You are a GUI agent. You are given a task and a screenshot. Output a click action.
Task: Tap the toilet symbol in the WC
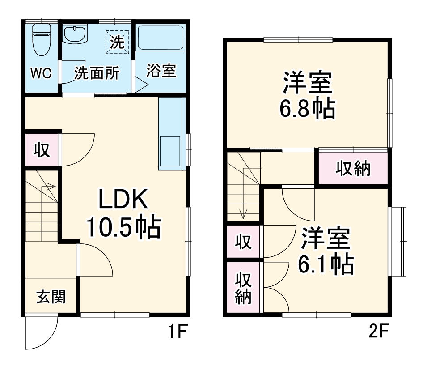[x=42, y=39]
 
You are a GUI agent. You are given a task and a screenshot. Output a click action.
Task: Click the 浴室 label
[x=161, y=71]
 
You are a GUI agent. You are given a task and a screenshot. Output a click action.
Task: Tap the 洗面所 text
[x=97, y=72]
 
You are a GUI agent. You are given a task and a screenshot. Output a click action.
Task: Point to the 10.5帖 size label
[x=123, y=227]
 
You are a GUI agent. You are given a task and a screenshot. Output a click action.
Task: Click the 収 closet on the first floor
[x=42, y=150]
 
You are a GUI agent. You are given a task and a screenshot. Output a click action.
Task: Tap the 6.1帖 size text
[x=326, y=264]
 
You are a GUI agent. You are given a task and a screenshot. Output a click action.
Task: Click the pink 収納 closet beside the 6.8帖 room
[x=353, y=169]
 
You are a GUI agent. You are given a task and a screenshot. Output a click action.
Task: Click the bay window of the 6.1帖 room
[x=399, y=242]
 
